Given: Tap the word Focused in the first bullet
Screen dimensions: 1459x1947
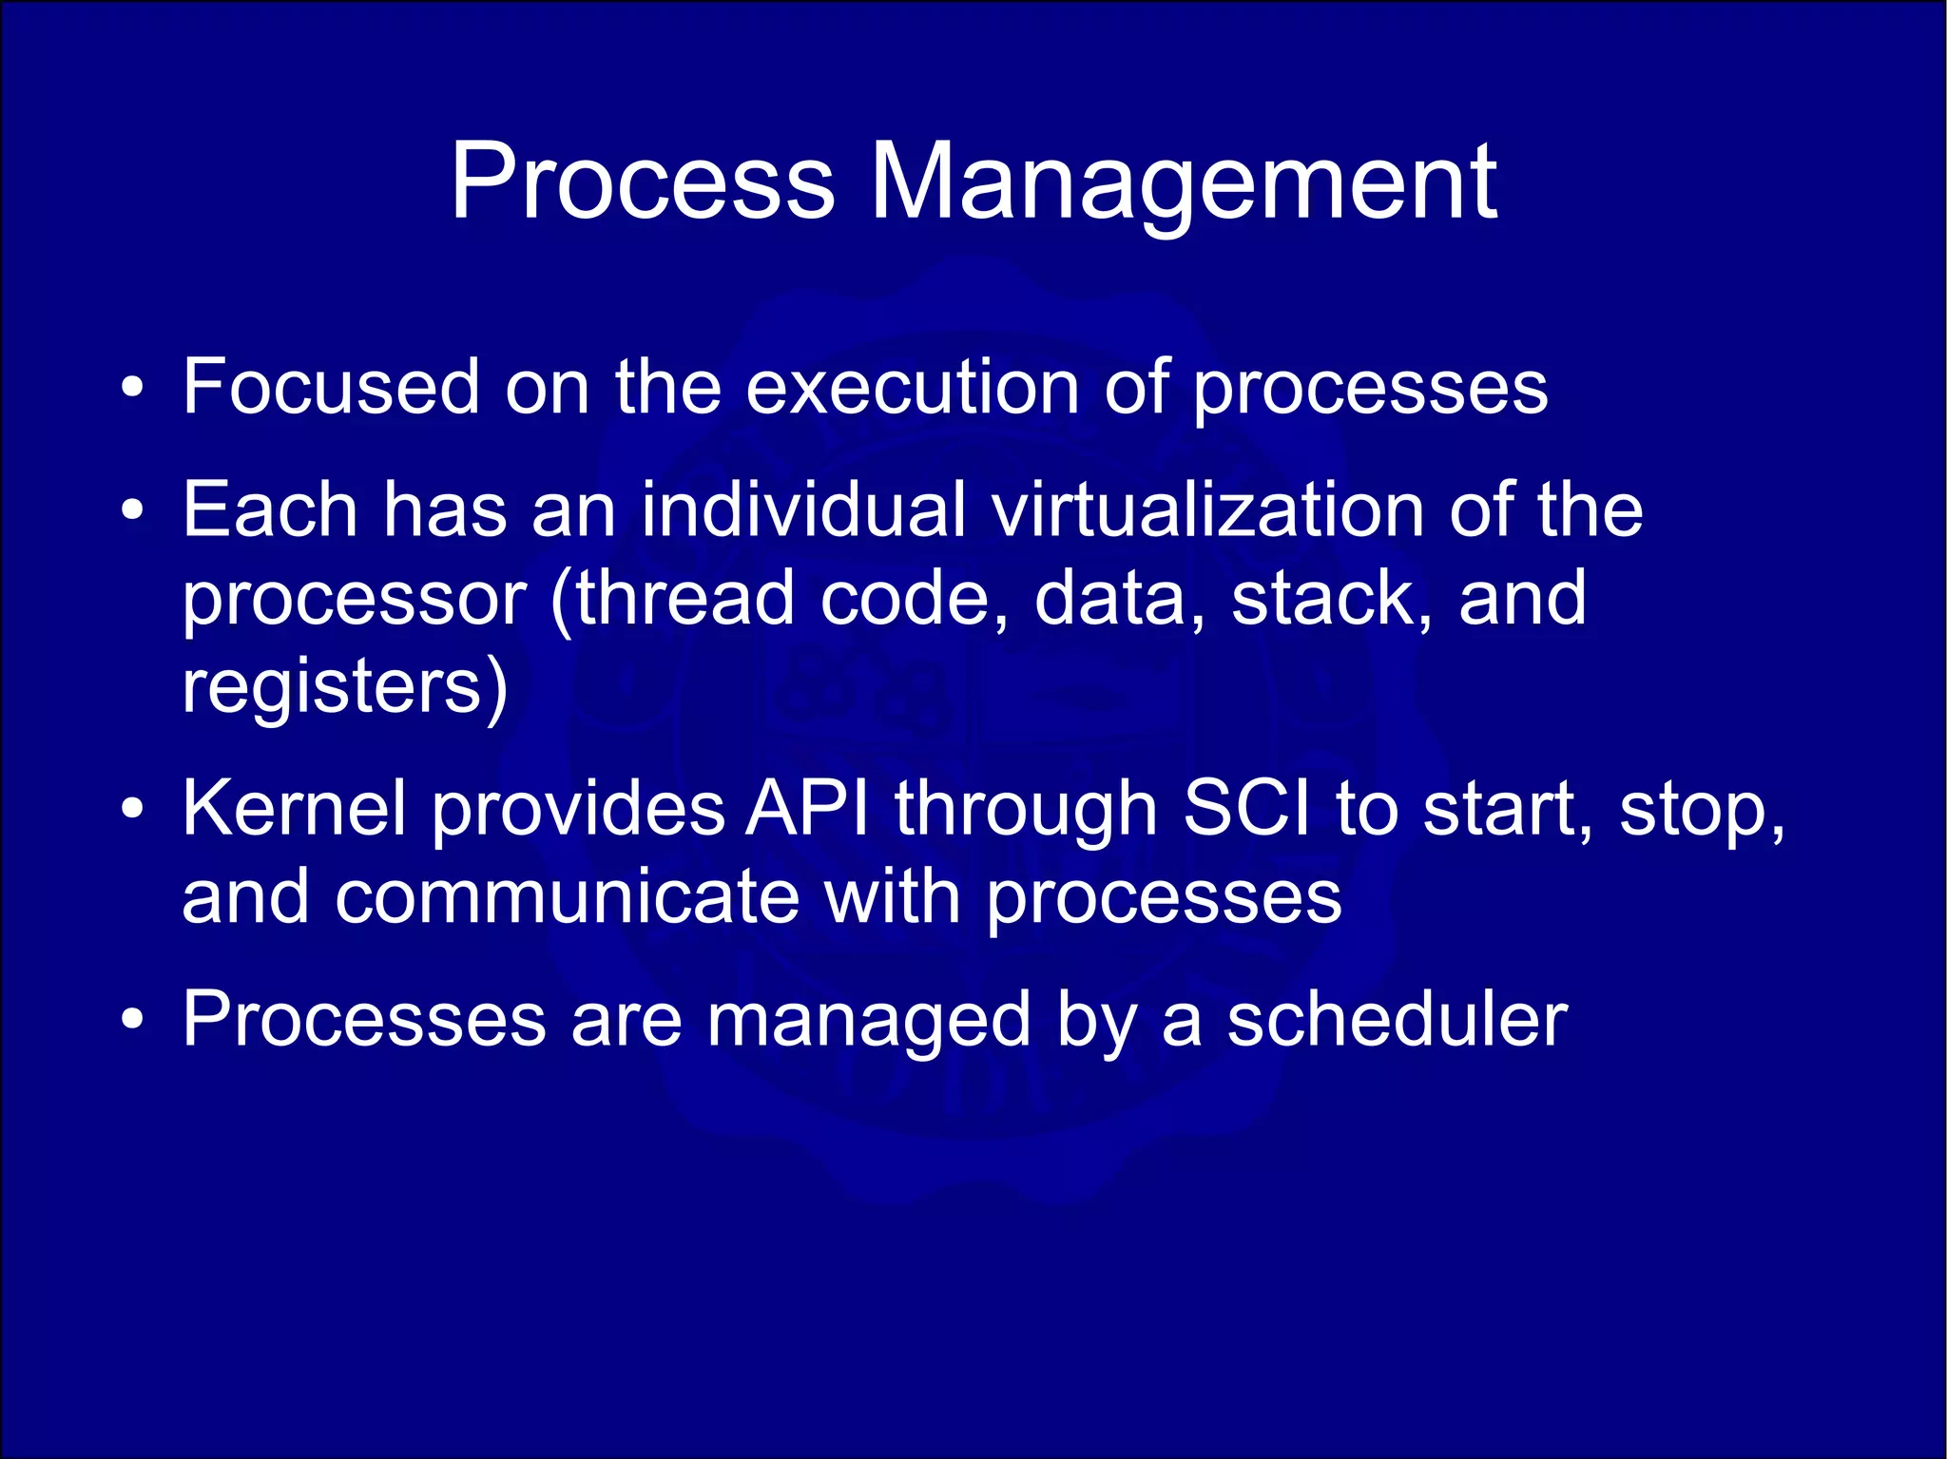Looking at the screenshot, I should coord(331,387).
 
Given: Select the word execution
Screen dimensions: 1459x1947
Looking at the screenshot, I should coord(912,387).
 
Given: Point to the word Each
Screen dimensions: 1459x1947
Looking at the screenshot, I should coord(270,510).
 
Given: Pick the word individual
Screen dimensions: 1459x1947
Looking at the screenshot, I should coord(802,510).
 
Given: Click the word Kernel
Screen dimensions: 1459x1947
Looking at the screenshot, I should coord(294,809).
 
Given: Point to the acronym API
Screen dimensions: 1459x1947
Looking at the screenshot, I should coord(807,809).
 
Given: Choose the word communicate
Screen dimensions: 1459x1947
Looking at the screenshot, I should coord(567,897).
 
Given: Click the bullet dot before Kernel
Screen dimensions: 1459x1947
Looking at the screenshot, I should coord(133,811).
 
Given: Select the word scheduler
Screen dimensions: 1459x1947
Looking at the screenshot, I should coord(1397,1020).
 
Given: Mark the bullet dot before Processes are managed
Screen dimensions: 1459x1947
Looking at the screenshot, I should coord(133,1022).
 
